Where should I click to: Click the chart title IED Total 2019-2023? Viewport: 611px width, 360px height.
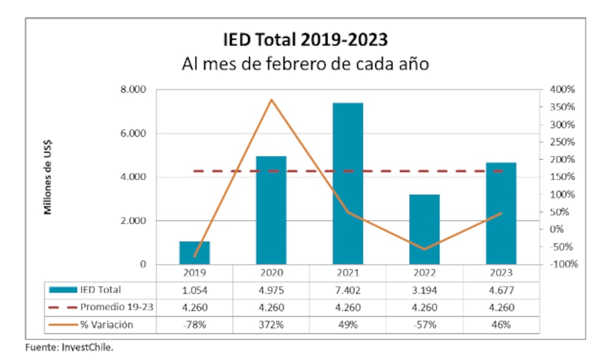[x=305, y=40]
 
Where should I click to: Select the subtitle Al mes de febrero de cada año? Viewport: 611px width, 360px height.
[x=305, y=64]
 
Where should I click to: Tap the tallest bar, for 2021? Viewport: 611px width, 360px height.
[x=348, y=183]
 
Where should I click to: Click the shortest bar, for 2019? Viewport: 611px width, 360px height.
[x=195, y=253]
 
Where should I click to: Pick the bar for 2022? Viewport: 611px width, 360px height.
[x=425, y=229]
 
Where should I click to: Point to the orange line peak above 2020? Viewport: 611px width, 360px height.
[x=271, y=100]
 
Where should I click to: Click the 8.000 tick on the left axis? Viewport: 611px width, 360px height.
[x=133, y=90]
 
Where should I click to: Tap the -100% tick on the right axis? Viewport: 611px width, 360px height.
[x=562, y=265]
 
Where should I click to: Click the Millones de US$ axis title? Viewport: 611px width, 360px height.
[x=48, y=177]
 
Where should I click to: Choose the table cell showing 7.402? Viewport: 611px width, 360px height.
[x=348, y=290]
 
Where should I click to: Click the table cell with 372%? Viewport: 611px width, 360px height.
[x=271, y=325]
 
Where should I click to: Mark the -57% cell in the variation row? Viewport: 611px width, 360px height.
[x=425, y=325]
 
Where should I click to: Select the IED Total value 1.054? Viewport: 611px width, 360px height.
[x=195, y=290]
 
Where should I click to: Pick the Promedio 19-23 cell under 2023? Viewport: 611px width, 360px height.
[x=501, y=307]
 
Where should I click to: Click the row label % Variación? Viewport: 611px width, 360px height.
[x=106, y=325]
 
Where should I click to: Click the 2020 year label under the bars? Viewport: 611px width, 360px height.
[x=271, y=273]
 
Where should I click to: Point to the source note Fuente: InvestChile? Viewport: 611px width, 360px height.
[x=69, y=347]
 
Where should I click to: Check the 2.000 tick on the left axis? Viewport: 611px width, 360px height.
[x=133, y=221]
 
